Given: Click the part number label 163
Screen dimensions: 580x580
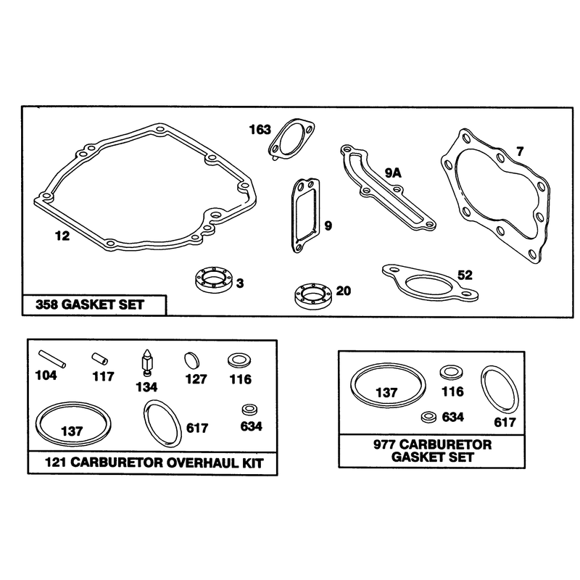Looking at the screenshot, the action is [260, 130].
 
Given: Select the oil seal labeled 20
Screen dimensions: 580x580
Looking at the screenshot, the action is [313, 296].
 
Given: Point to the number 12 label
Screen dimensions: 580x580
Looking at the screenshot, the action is [62, 236].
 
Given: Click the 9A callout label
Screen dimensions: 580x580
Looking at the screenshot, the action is [393, 173].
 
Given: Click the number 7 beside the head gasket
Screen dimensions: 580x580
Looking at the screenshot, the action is [520, 152].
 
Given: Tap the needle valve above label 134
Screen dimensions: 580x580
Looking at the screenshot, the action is [147, 362].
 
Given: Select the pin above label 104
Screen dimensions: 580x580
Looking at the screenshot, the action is [52, 359].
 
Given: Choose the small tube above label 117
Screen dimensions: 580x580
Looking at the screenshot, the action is [100, 358].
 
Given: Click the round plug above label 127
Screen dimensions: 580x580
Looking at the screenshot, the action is [191, 360].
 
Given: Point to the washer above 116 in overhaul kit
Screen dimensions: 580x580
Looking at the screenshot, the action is [239, 360].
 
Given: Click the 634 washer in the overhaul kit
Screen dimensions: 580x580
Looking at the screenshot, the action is [249, 410].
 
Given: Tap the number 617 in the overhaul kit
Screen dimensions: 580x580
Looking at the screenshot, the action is [197, 428].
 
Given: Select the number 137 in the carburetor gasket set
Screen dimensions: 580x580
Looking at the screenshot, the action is [386, 392].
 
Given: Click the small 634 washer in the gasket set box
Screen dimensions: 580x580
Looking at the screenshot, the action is [429, 417].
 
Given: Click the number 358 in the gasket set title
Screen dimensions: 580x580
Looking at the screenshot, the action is [46, 304].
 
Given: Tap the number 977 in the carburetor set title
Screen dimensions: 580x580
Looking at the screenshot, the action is [385, 444].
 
